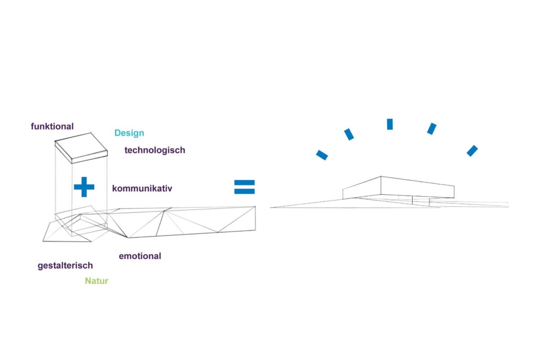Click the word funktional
coord(52,126)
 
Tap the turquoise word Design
coord(129,133)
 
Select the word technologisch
coord(155,150)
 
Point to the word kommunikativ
coord(142,188)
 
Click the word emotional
coord(140,256)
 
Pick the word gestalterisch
coord(65,266)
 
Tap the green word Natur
coord(96,281)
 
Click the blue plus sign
coord(84,187)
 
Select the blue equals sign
coord(244,187)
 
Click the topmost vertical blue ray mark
coord(390,124)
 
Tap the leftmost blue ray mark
coord(322,155)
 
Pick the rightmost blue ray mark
coord(472,151)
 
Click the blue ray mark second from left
coord(349,134)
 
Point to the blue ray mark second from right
coord(432,129)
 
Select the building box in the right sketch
coord(398,188)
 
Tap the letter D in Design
coord(117,133)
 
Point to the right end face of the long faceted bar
coord(255,218)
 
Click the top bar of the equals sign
coord(244,183)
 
